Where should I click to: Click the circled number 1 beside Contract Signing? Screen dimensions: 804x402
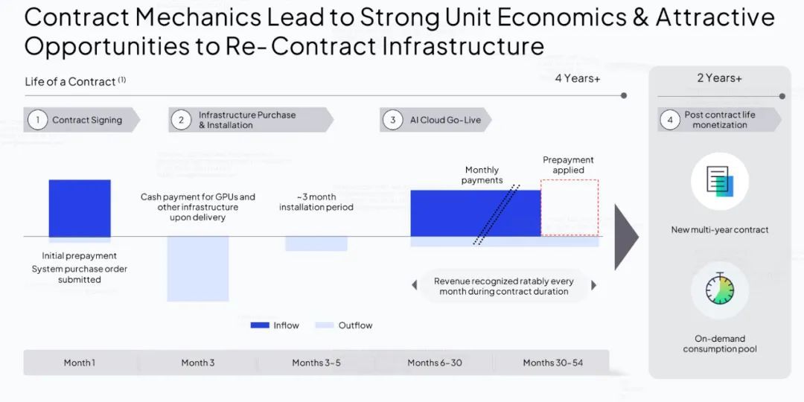(37, 120)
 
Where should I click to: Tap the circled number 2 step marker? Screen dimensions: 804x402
(181, 120)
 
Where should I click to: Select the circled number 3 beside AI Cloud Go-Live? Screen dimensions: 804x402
(393, 120)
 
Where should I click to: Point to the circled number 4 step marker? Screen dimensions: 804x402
(670, 120)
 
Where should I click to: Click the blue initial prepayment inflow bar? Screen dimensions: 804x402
(80, 208)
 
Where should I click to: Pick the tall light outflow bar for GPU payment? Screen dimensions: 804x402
(198, 269)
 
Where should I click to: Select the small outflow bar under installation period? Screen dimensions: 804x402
(316, 243)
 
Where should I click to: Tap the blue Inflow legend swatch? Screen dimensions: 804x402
(260, 325)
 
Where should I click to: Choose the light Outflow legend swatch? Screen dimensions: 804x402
(325, 325)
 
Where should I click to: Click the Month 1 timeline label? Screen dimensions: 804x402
(80, 363)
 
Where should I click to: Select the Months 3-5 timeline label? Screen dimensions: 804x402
(316, 363)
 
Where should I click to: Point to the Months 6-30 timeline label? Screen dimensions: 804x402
(435, 363)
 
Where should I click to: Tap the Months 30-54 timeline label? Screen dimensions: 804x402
(552, 363)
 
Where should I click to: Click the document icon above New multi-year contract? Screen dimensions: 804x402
(720, 182)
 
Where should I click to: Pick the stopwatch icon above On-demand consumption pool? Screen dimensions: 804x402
(720, 289)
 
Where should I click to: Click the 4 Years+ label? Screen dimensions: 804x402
(578, 78)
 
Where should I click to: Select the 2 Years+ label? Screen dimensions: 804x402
(719, 78)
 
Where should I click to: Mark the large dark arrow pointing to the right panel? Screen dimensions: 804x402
(627, 237)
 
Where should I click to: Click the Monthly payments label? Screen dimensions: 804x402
(482, 175)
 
